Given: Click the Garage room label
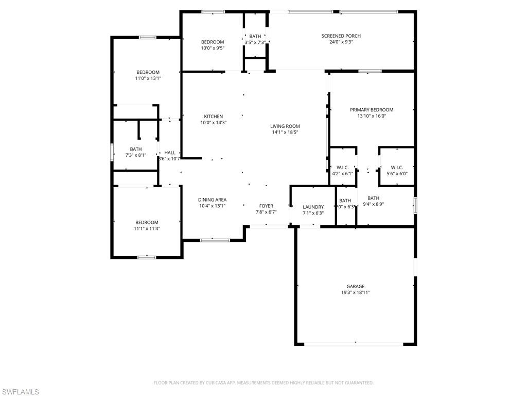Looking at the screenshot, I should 355,286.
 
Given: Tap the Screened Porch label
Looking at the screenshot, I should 341,36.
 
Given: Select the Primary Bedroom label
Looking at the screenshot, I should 372,110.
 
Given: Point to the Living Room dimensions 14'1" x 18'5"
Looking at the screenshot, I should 285,133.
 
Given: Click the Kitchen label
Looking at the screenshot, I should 213,117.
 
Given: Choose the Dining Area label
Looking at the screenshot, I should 212,200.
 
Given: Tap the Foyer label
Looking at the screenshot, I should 266,206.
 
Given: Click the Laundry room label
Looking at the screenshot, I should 313,207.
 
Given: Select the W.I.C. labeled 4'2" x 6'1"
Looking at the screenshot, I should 343,168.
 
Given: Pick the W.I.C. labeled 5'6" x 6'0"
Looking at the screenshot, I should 397,168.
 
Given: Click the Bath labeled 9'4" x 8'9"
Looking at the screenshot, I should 373,198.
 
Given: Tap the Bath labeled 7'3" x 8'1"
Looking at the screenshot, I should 136,149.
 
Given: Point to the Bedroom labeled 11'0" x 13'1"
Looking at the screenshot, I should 148,72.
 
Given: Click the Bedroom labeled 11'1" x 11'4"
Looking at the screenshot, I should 147,222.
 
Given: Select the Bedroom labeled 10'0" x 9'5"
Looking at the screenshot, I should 213,42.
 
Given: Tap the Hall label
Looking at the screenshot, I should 170,153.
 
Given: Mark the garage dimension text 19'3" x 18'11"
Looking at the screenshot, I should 355,292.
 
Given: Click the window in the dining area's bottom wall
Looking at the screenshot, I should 215,240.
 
